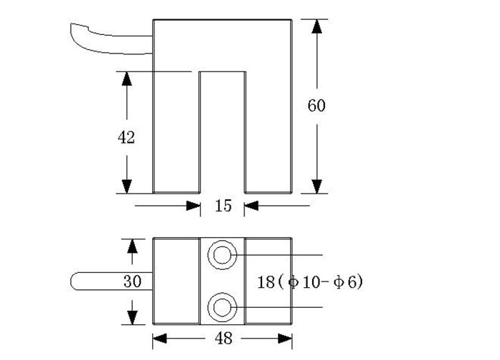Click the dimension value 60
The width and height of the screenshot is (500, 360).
tap(316, 106)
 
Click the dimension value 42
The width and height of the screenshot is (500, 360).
tap(126, 138)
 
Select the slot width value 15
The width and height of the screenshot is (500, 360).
tap(223, 206)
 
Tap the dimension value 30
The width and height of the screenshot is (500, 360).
tap(132, 281)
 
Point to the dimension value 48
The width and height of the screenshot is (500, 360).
tap(223, 339)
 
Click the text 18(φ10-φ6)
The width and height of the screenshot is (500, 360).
tap(309, 281)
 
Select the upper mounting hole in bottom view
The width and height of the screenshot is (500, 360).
tap(222, 254)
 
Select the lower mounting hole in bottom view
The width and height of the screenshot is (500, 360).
tap(222, 307)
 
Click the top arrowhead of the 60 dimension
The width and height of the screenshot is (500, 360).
tap(316, 27)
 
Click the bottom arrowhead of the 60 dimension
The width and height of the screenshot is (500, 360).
tap(316, 186)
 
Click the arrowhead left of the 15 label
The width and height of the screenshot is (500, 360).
tap(193, 206)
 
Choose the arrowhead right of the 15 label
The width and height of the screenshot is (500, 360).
tap(251, 206)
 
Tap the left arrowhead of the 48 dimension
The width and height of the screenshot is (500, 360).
tap(160, 338)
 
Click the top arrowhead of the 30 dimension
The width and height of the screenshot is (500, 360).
tap(132, 246)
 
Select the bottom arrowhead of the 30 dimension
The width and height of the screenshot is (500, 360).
tap(132, 315)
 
